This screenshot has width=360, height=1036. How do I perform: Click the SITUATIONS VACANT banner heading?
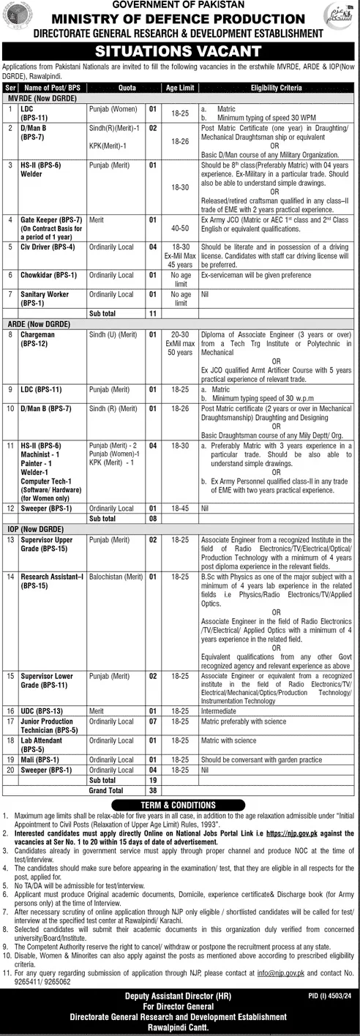(180, 50)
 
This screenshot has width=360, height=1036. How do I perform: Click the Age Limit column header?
(181, 86)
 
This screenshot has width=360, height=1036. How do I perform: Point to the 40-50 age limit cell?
(181, 229)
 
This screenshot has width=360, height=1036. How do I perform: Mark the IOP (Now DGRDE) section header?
(32, 528)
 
